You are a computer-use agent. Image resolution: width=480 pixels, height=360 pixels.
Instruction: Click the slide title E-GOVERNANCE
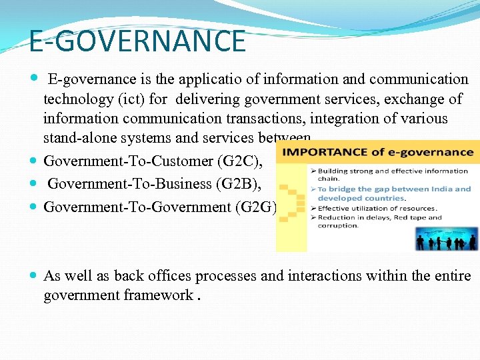[x=137, y=41]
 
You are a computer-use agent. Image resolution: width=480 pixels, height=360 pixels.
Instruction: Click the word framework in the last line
[x=158, y=295]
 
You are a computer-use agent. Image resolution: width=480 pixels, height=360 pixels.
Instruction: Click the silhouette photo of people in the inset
[x=446, y=238]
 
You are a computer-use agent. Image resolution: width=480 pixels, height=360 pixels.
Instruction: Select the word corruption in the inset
[x=339, y=225]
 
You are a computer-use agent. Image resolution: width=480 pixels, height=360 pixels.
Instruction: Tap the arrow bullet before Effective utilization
[x=313, y=208]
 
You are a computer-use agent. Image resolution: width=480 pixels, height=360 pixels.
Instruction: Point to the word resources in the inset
[x=417, y=208]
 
